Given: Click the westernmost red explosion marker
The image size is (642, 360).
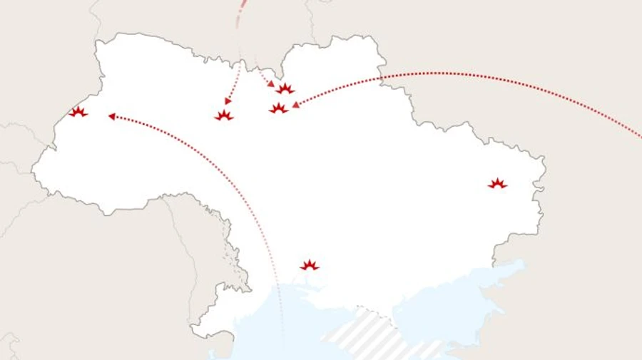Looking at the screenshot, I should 78,112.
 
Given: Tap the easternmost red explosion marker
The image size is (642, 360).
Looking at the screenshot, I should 497,184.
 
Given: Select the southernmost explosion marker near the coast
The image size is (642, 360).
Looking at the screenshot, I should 309,265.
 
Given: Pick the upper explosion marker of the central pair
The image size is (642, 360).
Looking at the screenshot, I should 285,89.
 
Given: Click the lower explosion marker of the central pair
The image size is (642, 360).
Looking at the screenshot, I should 278,108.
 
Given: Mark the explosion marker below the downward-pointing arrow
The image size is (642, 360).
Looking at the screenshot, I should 224,115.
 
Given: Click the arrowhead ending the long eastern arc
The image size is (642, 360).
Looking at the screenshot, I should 295,105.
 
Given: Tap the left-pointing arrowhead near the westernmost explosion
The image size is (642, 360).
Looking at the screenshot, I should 111,115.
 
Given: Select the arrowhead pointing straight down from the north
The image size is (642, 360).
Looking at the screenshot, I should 228,101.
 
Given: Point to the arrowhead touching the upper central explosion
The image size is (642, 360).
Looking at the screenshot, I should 271,83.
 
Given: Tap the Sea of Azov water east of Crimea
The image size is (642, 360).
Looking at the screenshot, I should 457,292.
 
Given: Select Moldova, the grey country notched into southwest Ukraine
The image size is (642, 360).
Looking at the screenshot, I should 207,235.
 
